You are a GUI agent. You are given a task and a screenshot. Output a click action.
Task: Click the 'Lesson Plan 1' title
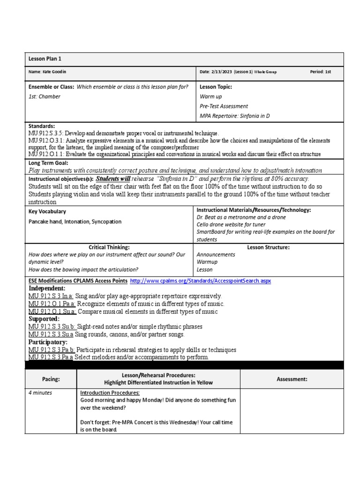45,59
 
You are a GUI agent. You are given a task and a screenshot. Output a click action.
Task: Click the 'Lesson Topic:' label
216,87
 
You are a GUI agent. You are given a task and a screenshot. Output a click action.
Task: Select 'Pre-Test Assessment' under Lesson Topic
224,106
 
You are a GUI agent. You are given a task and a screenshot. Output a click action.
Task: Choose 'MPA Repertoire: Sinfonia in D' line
235,116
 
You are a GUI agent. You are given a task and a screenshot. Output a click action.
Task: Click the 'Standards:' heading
42,127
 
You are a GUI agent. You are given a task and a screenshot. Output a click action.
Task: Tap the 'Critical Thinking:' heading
109,247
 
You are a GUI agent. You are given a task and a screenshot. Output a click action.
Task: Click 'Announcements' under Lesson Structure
216,255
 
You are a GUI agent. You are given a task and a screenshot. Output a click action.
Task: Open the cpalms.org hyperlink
200,280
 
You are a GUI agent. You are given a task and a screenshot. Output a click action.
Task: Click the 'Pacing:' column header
51,379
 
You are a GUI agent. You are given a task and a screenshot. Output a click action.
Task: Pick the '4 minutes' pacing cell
40,393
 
